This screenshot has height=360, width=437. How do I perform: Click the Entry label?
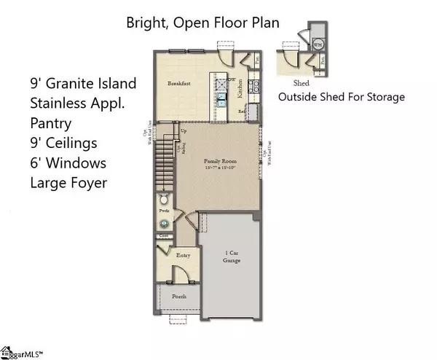click(184, 255)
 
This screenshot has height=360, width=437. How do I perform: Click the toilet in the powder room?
click(164, 200)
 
